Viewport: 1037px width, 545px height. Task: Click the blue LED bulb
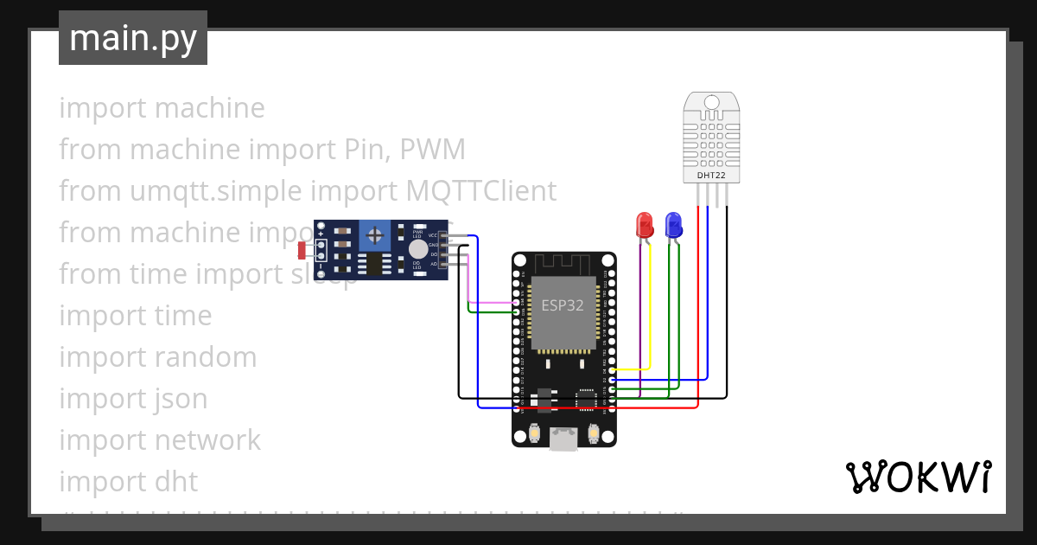(x=673, y=225)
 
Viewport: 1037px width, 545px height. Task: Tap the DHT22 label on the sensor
(x=712, y=176)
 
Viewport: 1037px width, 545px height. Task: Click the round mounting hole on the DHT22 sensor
(x=712, y=103)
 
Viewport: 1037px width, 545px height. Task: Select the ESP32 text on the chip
(x=563, y=305)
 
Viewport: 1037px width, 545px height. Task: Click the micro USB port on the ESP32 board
(x=563, y=439)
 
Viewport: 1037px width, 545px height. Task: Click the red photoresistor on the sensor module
(x=302, y=251)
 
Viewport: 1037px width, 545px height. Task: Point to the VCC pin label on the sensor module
(x=432, y=236)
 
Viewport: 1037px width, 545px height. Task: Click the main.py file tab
(x=133, y=38)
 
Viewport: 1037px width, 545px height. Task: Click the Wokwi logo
(x=918, y=478)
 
